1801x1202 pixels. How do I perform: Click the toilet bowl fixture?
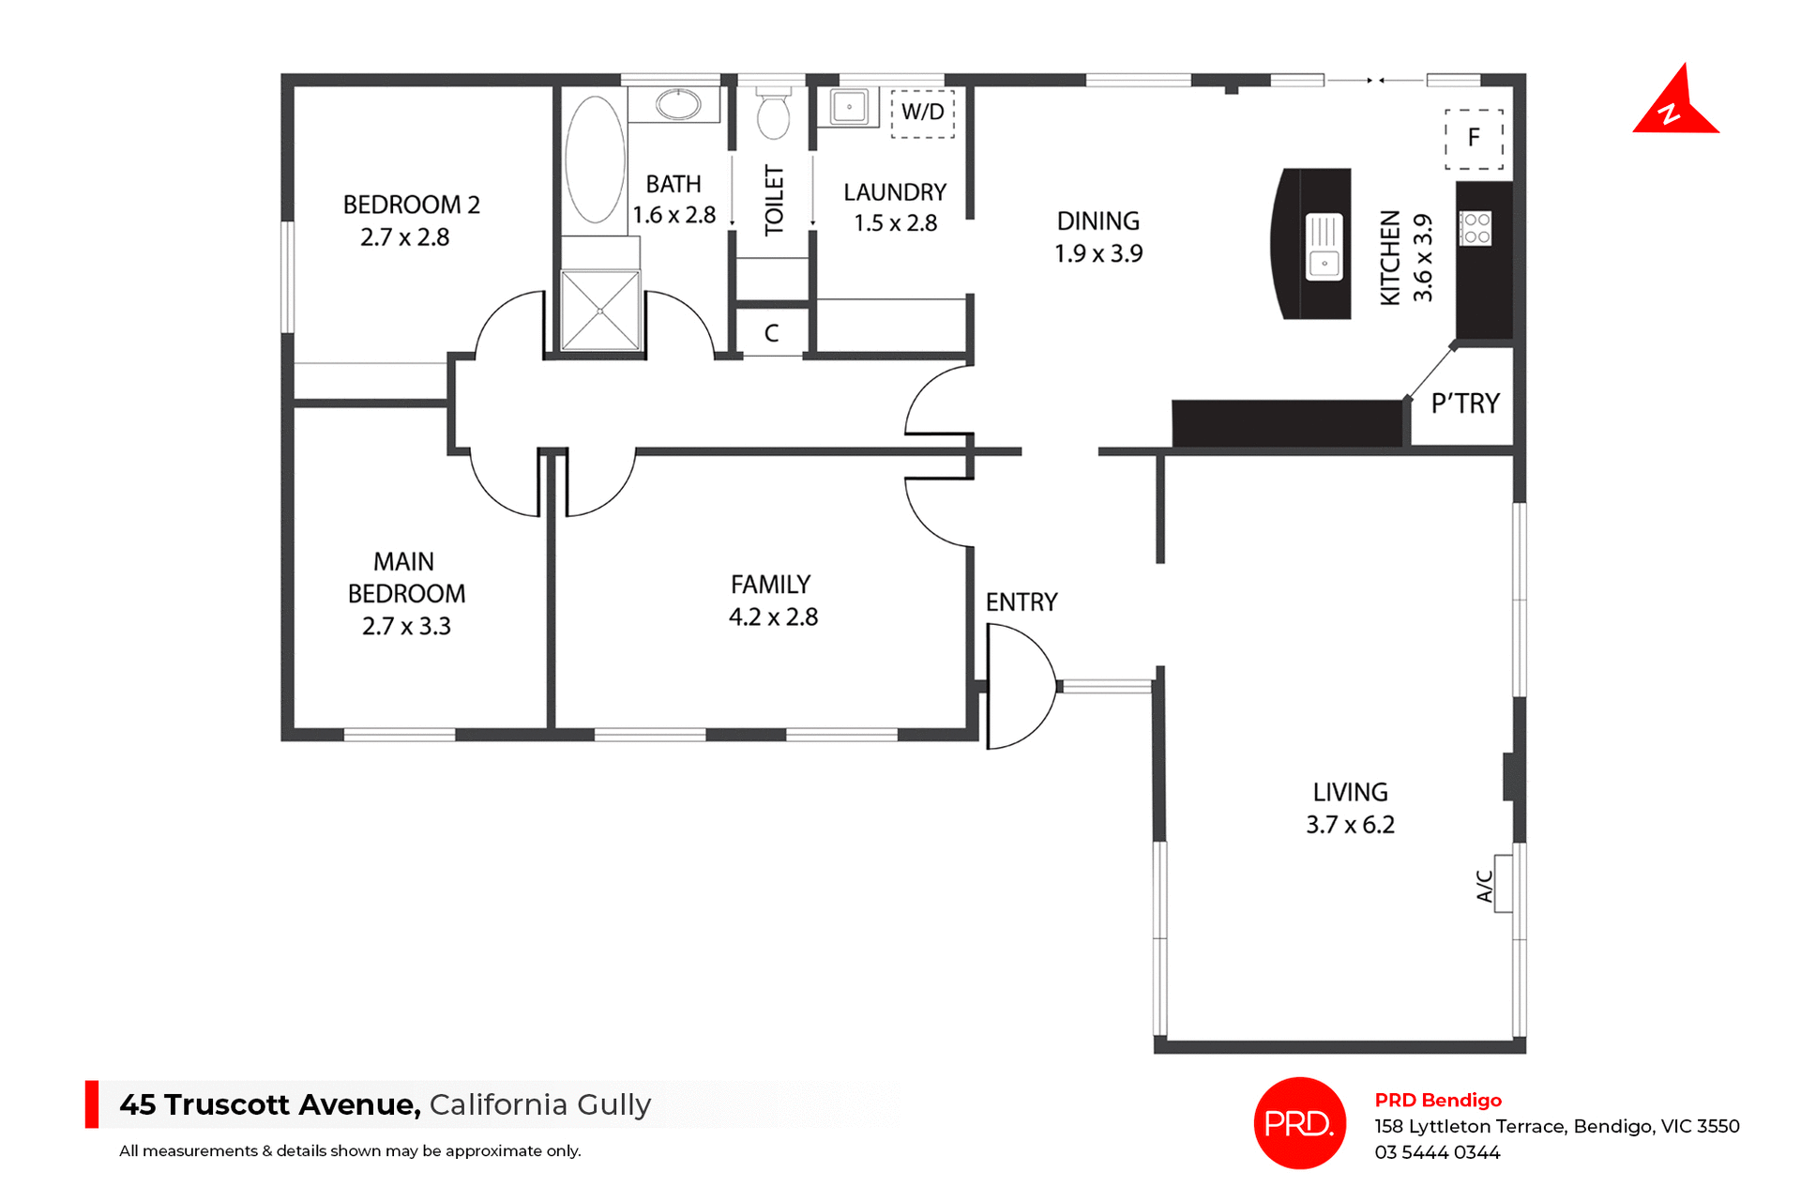(x=773, y=115)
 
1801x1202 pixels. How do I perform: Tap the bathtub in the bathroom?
(x=595, y=160)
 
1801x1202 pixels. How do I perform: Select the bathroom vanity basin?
(x=677, y=104)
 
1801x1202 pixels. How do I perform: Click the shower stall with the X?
(x=600, y=311)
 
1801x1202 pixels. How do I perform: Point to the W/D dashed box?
(x=922, y=114)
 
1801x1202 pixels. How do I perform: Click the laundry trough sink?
(x=849, y=107)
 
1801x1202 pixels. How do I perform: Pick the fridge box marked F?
(x=1474, y=139)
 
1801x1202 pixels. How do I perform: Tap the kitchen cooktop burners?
(x=1476, y=229)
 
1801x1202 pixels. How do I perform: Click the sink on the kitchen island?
(x=1324, y=247)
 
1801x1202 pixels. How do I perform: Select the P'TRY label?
(x=1464, y=403)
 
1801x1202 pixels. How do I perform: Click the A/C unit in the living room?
(x=1503, y=883)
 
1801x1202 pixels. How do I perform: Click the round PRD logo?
(x=1299, y=1122)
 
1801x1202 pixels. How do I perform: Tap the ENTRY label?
(x=1022, y=602)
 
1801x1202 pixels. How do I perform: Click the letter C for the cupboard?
(x=771, y=333)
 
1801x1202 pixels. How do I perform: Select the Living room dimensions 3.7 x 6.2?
(x=1350, y=825)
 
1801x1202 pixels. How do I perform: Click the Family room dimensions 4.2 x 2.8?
(x=773, y=617)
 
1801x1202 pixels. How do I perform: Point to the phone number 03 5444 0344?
(x=1437, y=1152)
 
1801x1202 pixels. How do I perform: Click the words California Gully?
(x=539, y=1104)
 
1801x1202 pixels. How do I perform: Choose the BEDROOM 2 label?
(x=411, y=205)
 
